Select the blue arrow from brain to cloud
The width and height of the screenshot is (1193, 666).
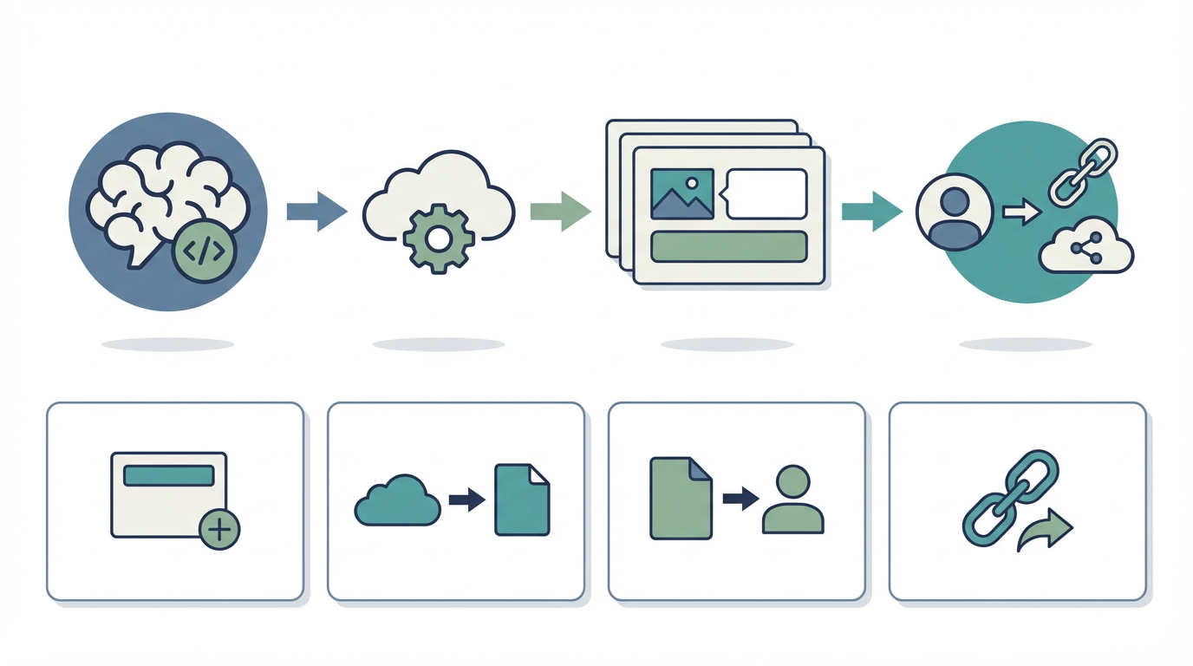(316, 212)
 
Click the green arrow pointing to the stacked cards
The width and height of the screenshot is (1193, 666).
(560, 212)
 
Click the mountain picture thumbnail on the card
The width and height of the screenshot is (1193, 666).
(681, 193)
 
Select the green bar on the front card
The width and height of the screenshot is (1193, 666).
(728, 246)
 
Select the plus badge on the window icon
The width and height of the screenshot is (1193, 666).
(219, 529)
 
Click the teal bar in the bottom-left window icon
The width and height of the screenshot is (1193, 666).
(169, 475)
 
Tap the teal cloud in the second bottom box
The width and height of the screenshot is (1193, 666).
(398, 501)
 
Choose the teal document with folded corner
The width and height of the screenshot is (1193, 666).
(522, 499)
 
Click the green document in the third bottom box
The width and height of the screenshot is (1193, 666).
(681, 499)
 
